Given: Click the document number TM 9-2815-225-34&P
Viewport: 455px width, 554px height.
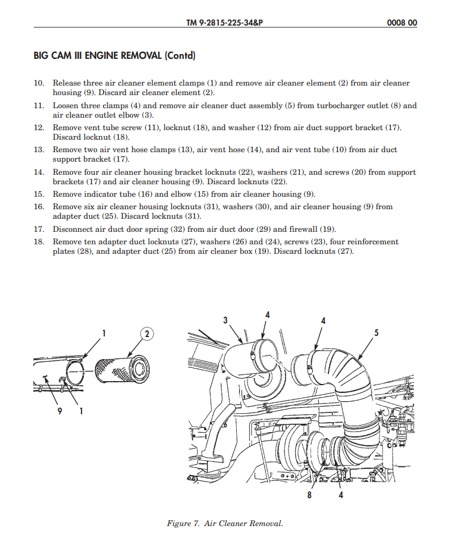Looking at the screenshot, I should [x=224, y=23].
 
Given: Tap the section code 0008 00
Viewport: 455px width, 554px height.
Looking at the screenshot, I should [x=401, y=23].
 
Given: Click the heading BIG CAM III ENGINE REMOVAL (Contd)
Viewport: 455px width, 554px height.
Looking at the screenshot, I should [x=115, y=56].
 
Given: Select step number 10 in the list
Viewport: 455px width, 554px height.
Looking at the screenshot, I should [x=39, y=83].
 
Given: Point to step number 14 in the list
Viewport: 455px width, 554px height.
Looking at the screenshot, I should [x=39, y=172].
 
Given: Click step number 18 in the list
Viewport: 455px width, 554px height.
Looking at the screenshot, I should [x=39, y=242].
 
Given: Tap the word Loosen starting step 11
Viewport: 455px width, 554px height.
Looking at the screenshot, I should [x=67, y=106].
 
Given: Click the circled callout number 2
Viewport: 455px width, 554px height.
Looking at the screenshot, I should [x=147, y=333].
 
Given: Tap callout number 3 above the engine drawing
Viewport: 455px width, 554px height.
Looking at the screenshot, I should [x=225, y=320].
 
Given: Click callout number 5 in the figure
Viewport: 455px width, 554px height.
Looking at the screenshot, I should [x=376, y=333].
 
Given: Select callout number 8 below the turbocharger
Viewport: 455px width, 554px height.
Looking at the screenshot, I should [x=309, y=495].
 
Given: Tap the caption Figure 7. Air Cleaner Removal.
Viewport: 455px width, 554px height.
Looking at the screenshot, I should [x=225, y=524].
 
